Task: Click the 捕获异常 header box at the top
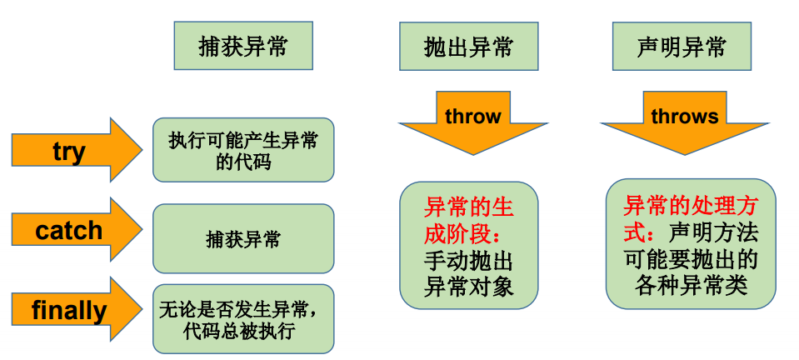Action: (x=243, y=46)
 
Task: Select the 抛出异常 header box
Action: (x=467, y=46)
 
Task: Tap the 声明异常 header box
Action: (x=681, y=46)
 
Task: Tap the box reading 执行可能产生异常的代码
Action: (x=243, y=150)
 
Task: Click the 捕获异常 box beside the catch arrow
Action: (x=243, y=240)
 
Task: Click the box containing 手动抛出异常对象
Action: (x=468, y=245)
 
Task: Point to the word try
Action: (x=68, y=152)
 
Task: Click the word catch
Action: (x=68, y=231)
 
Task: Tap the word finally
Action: (x=69, y=311)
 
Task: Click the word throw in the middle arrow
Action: (x=472, y=116)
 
